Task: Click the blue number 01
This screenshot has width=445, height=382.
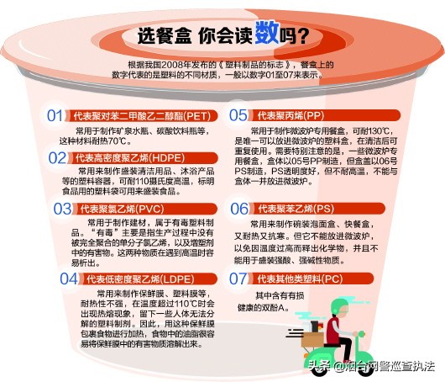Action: pos(55,115)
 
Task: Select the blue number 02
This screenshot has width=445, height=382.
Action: pos(57,157)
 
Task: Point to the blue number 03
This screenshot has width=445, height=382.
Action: pos(63,208)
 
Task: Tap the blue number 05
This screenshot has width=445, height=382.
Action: pos(238,115)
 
